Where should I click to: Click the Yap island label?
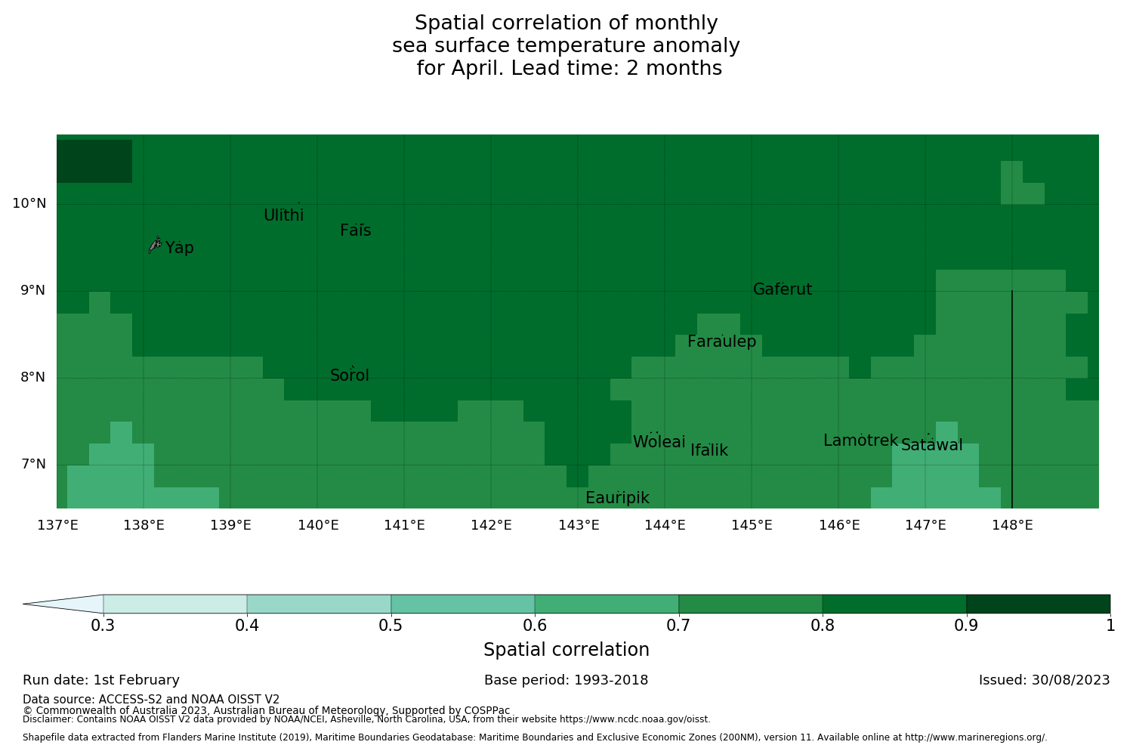(180, 248)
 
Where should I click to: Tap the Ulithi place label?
(283, 215)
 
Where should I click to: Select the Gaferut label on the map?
(783, 289)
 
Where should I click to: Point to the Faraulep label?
(721, 342)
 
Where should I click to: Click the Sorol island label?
(350, 376)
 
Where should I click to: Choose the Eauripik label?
(617, 498)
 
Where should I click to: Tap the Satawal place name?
(931, 445)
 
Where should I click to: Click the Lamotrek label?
(860, 440)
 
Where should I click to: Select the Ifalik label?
(709, 450)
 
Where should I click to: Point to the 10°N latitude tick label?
(29, 203)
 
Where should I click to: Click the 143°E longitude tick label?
(579, 525)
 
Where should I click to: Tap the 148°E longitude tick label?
(1012, 525)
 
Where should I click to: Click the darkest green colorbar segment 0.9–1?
(1038, 604)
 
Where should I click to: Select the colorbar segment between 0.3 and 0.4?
(175, 604)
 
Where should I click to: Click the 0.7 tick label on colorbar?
(679, 626)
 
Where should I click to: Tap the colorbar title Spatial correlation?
(566, 650)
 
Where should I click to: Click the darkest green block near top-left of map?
(94, 161)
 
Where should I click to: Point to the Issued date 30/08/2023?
(1044, 680)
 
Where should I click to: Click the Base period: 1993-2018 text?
(566, 680)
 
